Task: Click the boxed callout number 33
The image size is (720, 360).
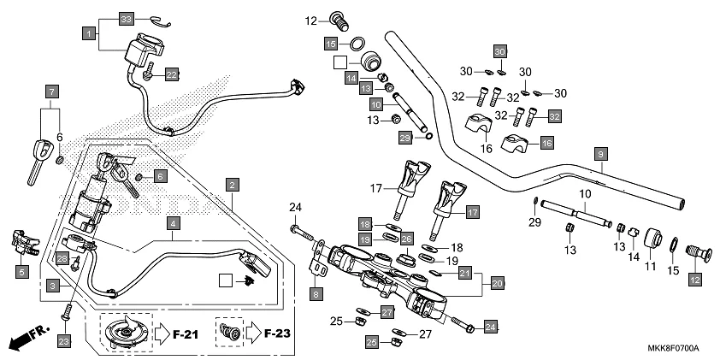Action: [127, 19]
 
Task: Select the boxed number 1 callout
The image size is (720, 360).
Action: [89, 34]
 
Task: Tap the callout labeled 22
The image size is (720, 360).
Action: [171, 75]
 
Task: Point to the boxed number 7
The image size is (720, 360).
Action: [52, 91]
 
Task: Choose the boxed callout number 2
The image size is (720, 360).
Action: [232, 184]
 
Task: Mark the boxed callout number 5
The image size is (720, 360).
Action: [22, 272]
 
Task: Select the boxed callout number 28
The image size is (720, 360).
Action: [62, 258]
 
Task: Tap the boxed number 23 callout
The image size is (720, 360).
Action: [62, 341]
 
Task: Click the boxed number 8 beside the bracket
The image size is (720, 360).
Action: [316, 294]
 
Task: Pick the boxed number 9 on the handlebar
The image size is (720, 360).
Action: [601, 154]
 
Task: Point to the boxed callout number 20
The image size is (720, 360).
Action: [497, 280]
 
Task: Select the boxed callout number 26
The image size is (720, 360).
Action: [407, 238]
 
